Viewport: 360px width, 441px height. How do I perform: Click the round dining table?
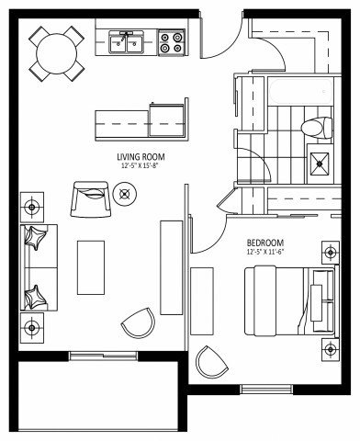pos(58,52)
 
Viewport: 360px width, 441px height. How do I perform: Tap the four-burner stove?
pos(170,43)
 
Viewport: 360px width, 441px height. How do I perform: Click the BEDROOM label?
pos(266,243)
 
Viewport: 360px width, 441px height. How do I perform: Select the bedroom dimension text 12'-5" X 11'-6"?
pos(266,253)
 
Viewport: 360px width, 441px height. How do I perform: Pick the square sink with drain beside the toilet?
pos(321,164)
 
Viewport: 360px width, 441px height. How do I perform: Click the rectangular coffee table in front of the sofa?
pos(90,267)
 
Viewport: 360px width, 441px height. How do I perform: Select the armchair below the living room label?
pos(91,197)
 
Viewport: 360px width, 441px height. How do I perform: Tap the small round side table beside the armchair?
pos(126,193)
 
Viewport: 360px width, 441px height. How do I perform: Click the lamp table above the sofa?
pos(32,204)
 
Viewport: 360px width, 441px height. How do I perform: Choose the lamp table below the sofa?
pos(32,326)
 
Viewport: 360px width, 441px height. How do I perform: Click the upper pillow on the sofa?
pos(37,238)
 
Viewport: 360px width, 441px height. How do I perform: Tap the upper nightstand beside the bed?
pos(328,251)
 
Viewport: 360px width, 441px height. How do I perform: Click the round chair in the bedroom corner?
pos(211,360)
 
